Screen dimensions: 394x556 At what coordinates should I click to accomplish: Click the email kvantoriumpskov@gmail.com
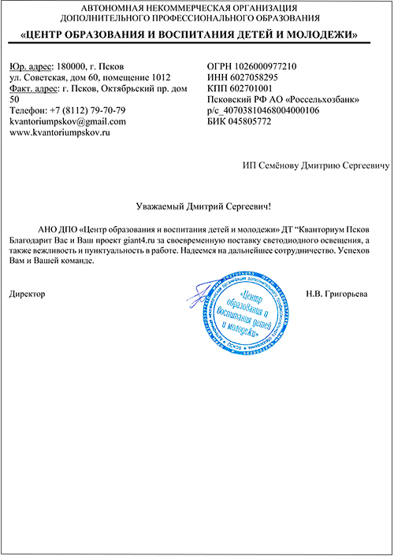click(x=67, y=122)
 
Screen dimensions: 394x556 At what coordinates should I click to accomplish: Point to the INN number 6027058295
click(x=261, y=77)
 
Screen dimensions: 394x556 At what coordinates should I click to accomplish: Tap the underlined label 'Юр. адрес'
click(x=28, y=66)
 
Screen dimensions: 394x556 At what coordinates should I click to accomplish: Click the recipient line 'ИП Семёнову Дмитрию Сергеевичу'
click(x=316, y=166)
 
